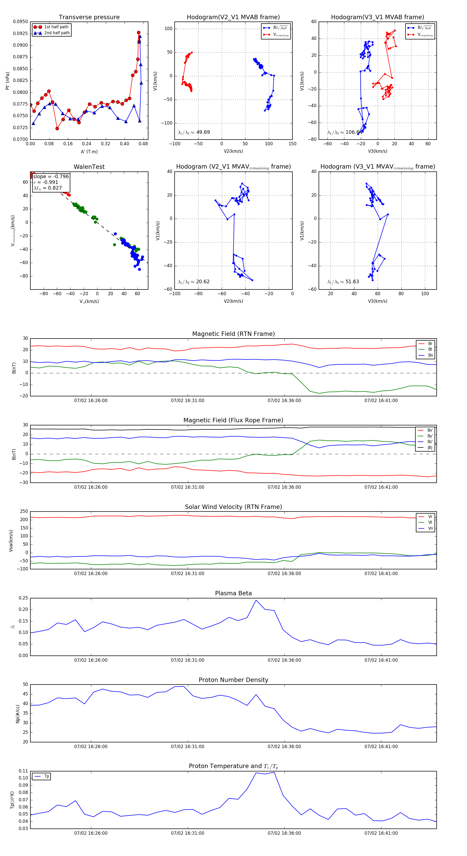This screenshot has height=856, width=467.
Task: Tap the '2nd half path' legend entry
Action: click(x=57, y=33)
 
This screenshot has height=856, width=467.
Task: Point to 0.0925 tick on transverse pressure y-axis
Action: click(x=20, y=33)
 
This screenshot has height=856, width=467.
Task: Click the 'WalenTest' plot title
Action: click(x=89, y=167)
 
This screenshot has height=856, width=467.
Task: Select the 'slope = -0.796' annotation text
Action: click(x=51, y=176)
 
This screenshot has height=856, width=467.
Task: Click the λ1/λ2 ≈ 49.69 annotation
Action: click(x=194, y=132)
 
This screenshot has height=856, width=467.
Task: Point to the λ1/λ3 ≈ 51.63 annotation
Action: click(x=343, y=282)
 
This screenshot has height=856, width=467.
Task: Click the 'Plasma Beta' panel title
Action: click(x=233, y=593)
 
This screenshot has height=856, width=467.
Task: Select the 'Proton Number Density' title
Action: click(x=233, y=680)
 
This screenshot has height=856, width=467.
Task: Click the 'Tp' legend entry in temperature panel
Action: click(x=46, y=776)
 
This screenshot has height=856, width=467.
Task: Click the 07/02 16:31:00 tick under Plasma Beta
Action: click(x=188, y=660)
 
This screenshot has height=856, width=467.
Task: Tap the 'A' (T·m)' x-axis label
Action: click(x=89, y=152)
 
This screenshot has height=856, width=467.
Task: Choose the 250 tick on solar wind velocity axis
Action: click(x=24, y=512)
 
